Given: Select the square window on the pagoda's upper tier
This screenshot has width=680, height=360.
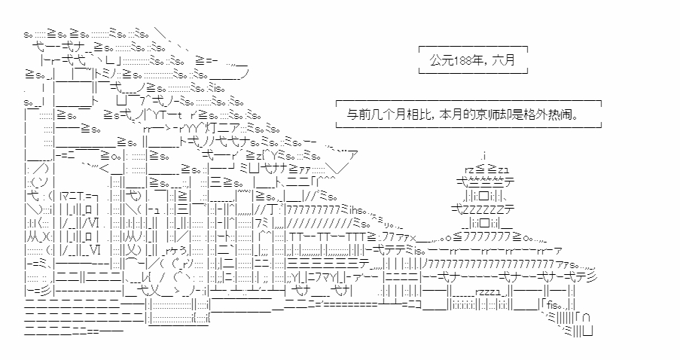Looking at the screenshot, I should click(x=484, y=194).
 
